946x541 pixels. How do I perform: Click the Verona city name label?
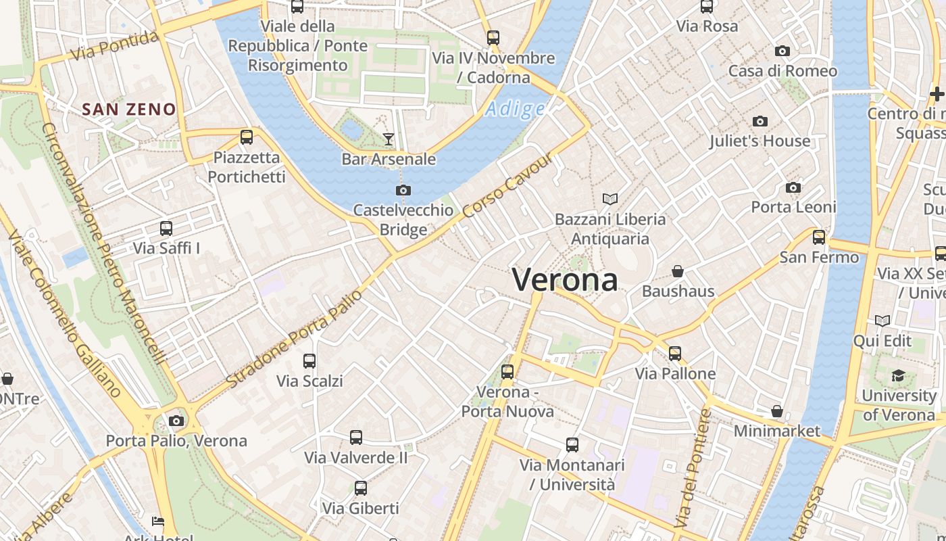click(565, 279)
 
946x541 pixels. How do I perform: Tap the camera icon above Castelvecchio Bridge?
click(403, 190)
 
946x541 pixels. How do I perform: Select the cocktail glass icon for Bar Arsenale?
click(388, 139)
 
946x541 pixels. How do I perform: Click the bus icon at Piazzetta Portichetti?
click(247, 137)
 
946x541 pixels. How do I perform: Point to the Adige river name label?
click(515, 109)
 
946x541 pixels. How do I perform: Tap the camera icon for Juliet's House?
click(760, 121)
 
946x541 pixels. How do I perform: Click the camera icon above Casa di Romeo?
click(782, 51)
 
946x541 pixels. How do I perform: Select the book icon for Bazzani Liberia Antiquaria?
click(610, 199)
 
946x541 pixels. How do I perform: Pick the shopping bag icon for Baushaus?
click(678, 271)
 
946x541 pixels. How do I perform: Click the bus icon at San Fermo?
click(819, 237)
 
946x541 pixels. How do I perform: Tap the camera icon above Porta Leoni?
click(793, 187)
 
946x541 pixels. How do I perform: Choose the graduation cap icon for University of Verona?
click(898, 375)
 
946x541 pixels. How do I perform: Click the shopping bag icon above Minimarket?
click(777, 411)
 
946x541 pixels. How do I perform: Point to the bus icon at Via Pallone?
click(674, 353)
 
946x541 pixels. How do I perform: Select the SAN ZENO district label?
click(129, 109)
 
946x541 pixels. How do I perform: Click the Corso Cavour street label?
click(507, 184)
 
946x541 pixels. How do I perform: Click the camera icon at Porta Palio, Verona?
click(176, 421)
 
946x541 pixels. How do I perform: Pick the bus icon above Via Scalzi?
click(309, 360)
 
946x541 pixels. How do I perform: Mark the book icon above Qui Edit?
click(882, 321)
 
